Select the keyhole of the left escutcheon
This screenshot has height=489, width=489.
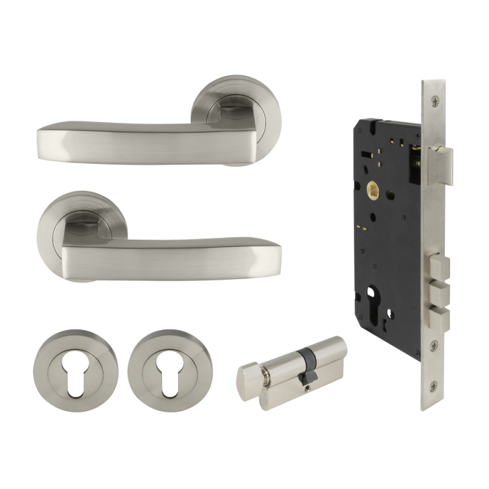click(x=68, y=369)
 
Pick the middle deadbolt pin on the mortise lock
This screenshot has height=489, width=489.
click(x=438, y=292)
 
